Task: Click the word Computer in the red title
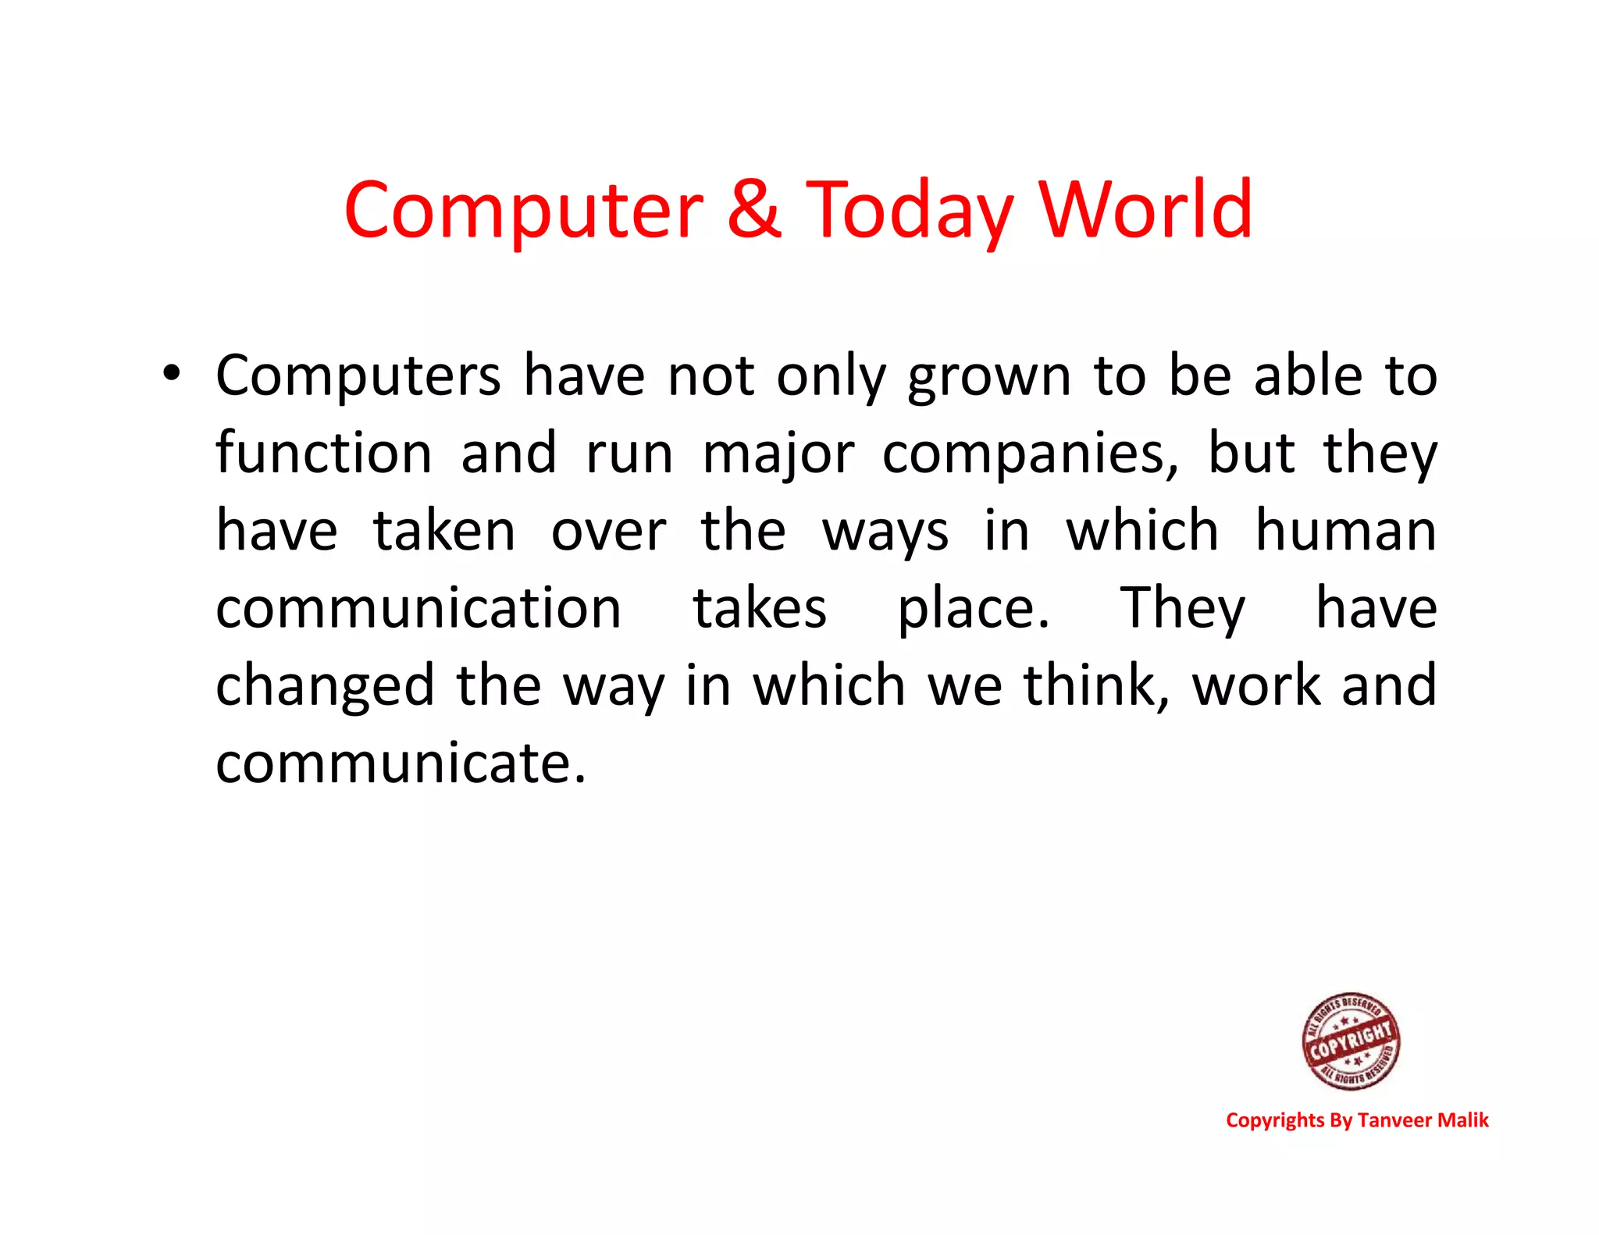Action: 523,211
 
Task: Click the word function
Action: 323,453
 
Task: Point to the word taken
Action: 444,531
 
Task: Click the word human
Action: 1345,531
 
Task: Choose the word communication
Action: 418,608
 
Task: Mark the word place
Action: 973,610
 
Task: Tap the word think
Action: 1096,685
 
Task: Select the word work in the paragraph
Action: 1255,685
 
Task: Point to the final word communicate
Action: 401,763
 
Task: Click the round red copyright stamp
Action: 1351,1041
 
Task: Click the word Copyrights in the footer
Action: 1275,1121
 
